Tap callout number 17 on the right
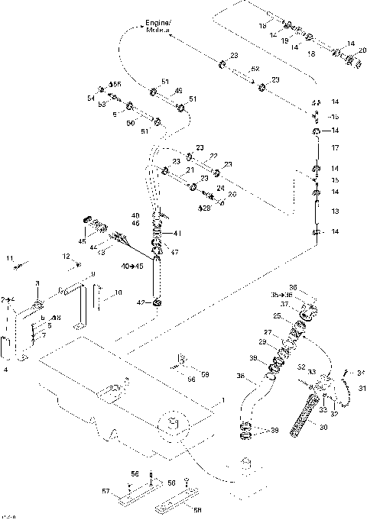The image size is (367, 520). click(334, 147)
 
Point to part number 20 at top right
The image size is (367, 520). click(362, 50)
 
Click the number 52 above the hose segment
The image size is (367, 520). click(255, 69)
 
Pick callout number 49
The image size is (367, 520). click(179, 90)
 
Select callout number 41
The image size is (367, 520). click(177, 233)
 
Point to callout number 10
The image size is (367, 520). click(118, 292)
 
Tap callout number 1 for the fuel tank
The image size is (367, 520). click(223, 400)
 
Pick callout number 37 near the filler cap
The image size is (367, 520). click(284, 303)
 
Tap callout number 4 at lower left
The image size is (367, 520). click(7, 369)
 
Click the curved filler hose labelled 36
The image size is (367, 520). click(249, 397)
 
